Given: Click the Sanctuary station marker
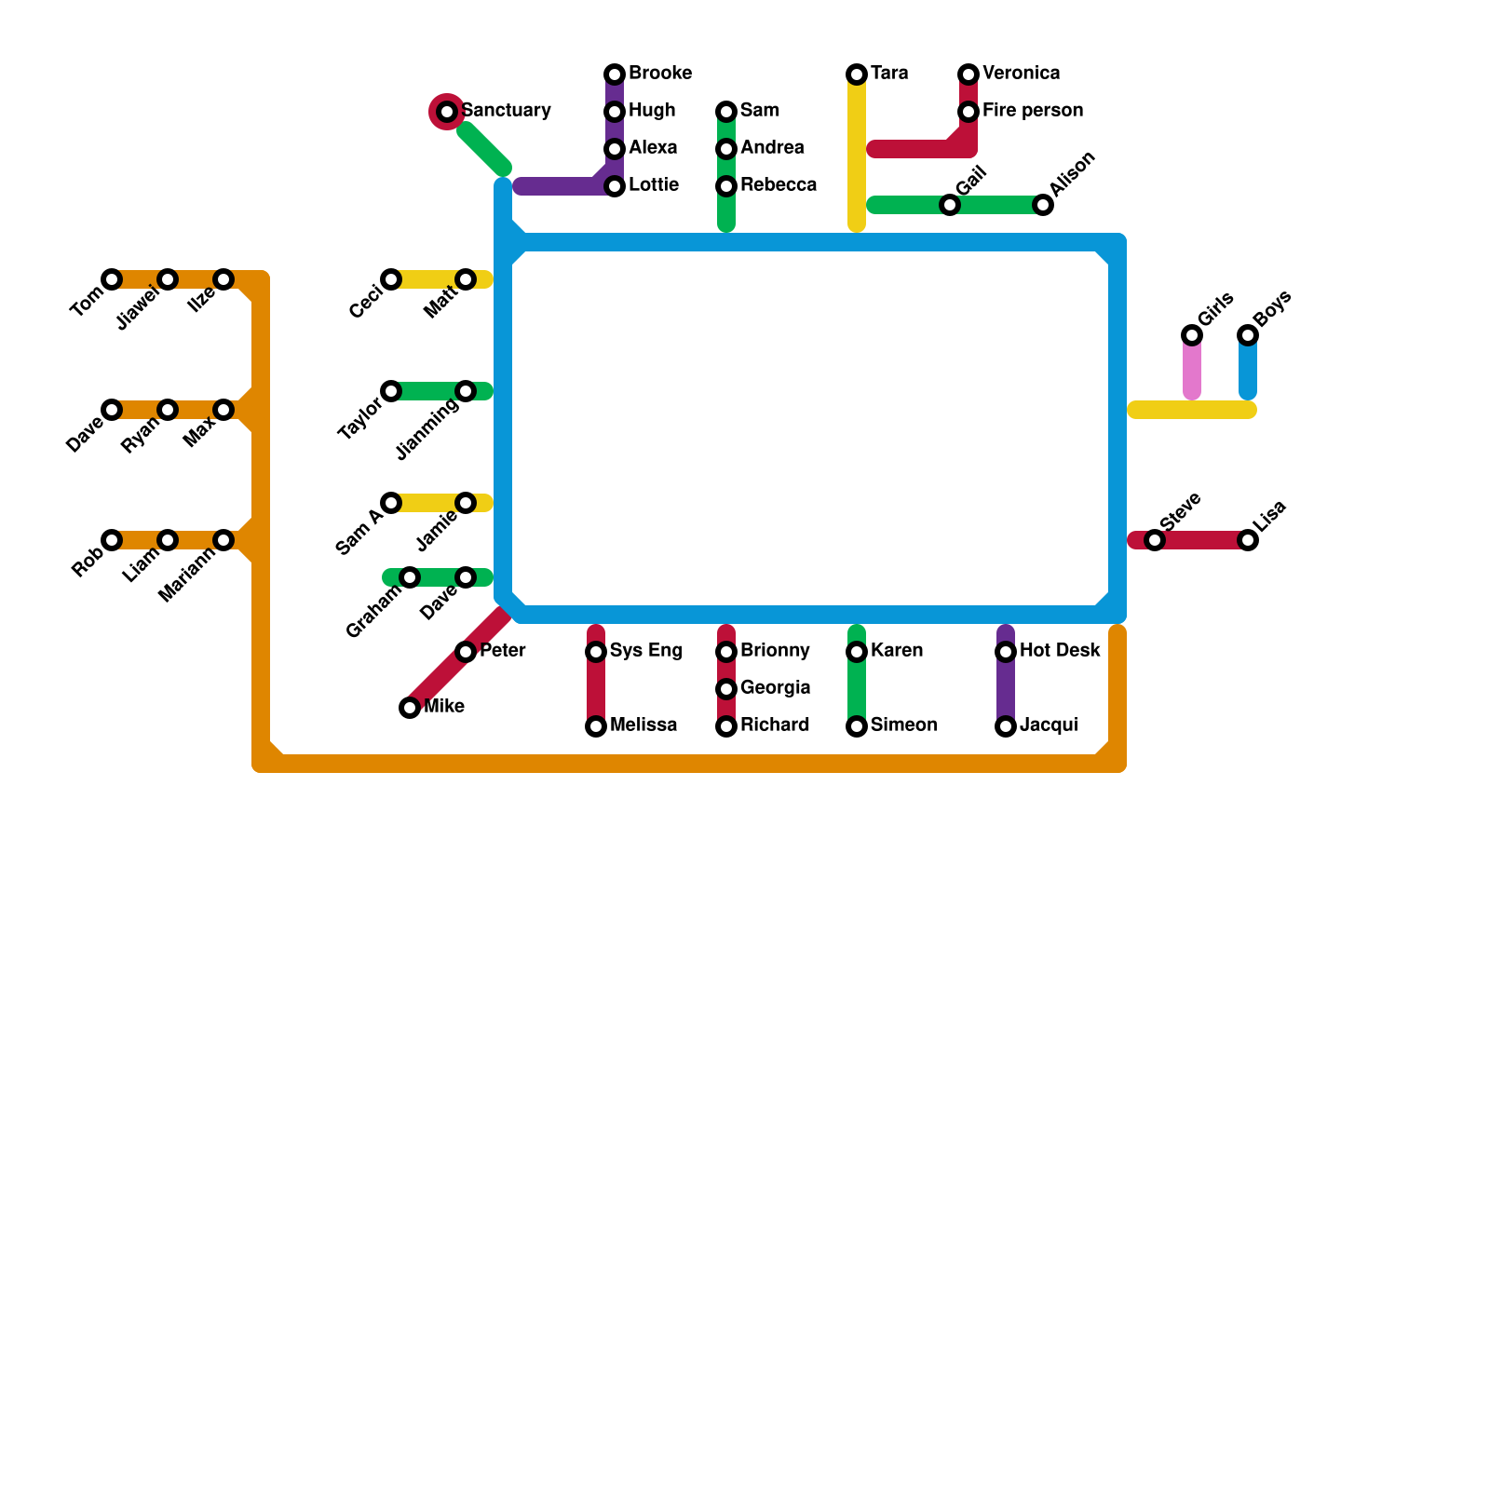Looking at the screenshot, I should [447, 112].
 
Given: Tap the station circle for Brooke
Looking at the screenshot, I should [615, 74].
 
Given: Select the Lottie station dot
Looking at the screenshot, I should [615, 186].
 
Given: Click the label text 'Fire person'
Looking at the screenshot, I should [1032, 111].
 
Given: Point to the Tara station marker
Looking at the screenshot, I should [857, 74].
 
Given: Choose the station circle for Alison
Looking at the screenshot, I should [1043, 205].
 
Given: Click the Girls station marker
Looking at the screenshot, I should [1192, 335].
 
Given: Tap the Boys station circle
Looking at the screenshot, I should [1248, 335].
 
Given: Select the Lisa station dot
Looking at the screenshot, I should [1248, 540].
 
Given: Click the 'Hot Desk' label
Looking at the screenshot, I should [1060, 651].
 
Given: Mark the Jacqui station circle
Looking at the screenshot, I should [1006, 726].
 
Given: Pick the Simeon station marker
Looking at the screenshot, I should [857, 726].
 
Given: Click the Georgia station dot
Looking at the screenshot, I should [726, 689].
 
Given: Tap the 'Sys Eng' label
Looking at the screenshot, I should [645, 651].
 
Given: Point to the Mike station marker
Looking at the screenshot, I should [410, 708].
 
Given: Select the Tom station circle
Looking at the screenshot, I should [112, 279].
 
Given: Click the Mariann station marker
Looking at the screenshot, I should [223, 540].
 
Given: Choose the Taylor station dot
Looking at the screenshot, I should [391, 391].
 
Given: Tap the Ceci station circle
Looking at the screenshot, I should [391, 279].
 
